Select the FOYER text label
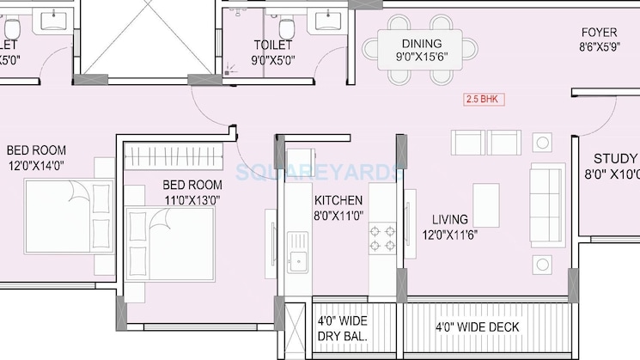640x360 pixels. (600, 32)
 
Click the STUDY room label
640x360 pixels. (615, 159)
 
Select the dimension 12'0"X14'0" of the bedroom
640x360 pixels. (37, 165)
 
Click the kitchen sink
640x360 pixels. (297, 259)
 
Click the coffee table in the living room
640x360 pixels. (486, 205)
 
